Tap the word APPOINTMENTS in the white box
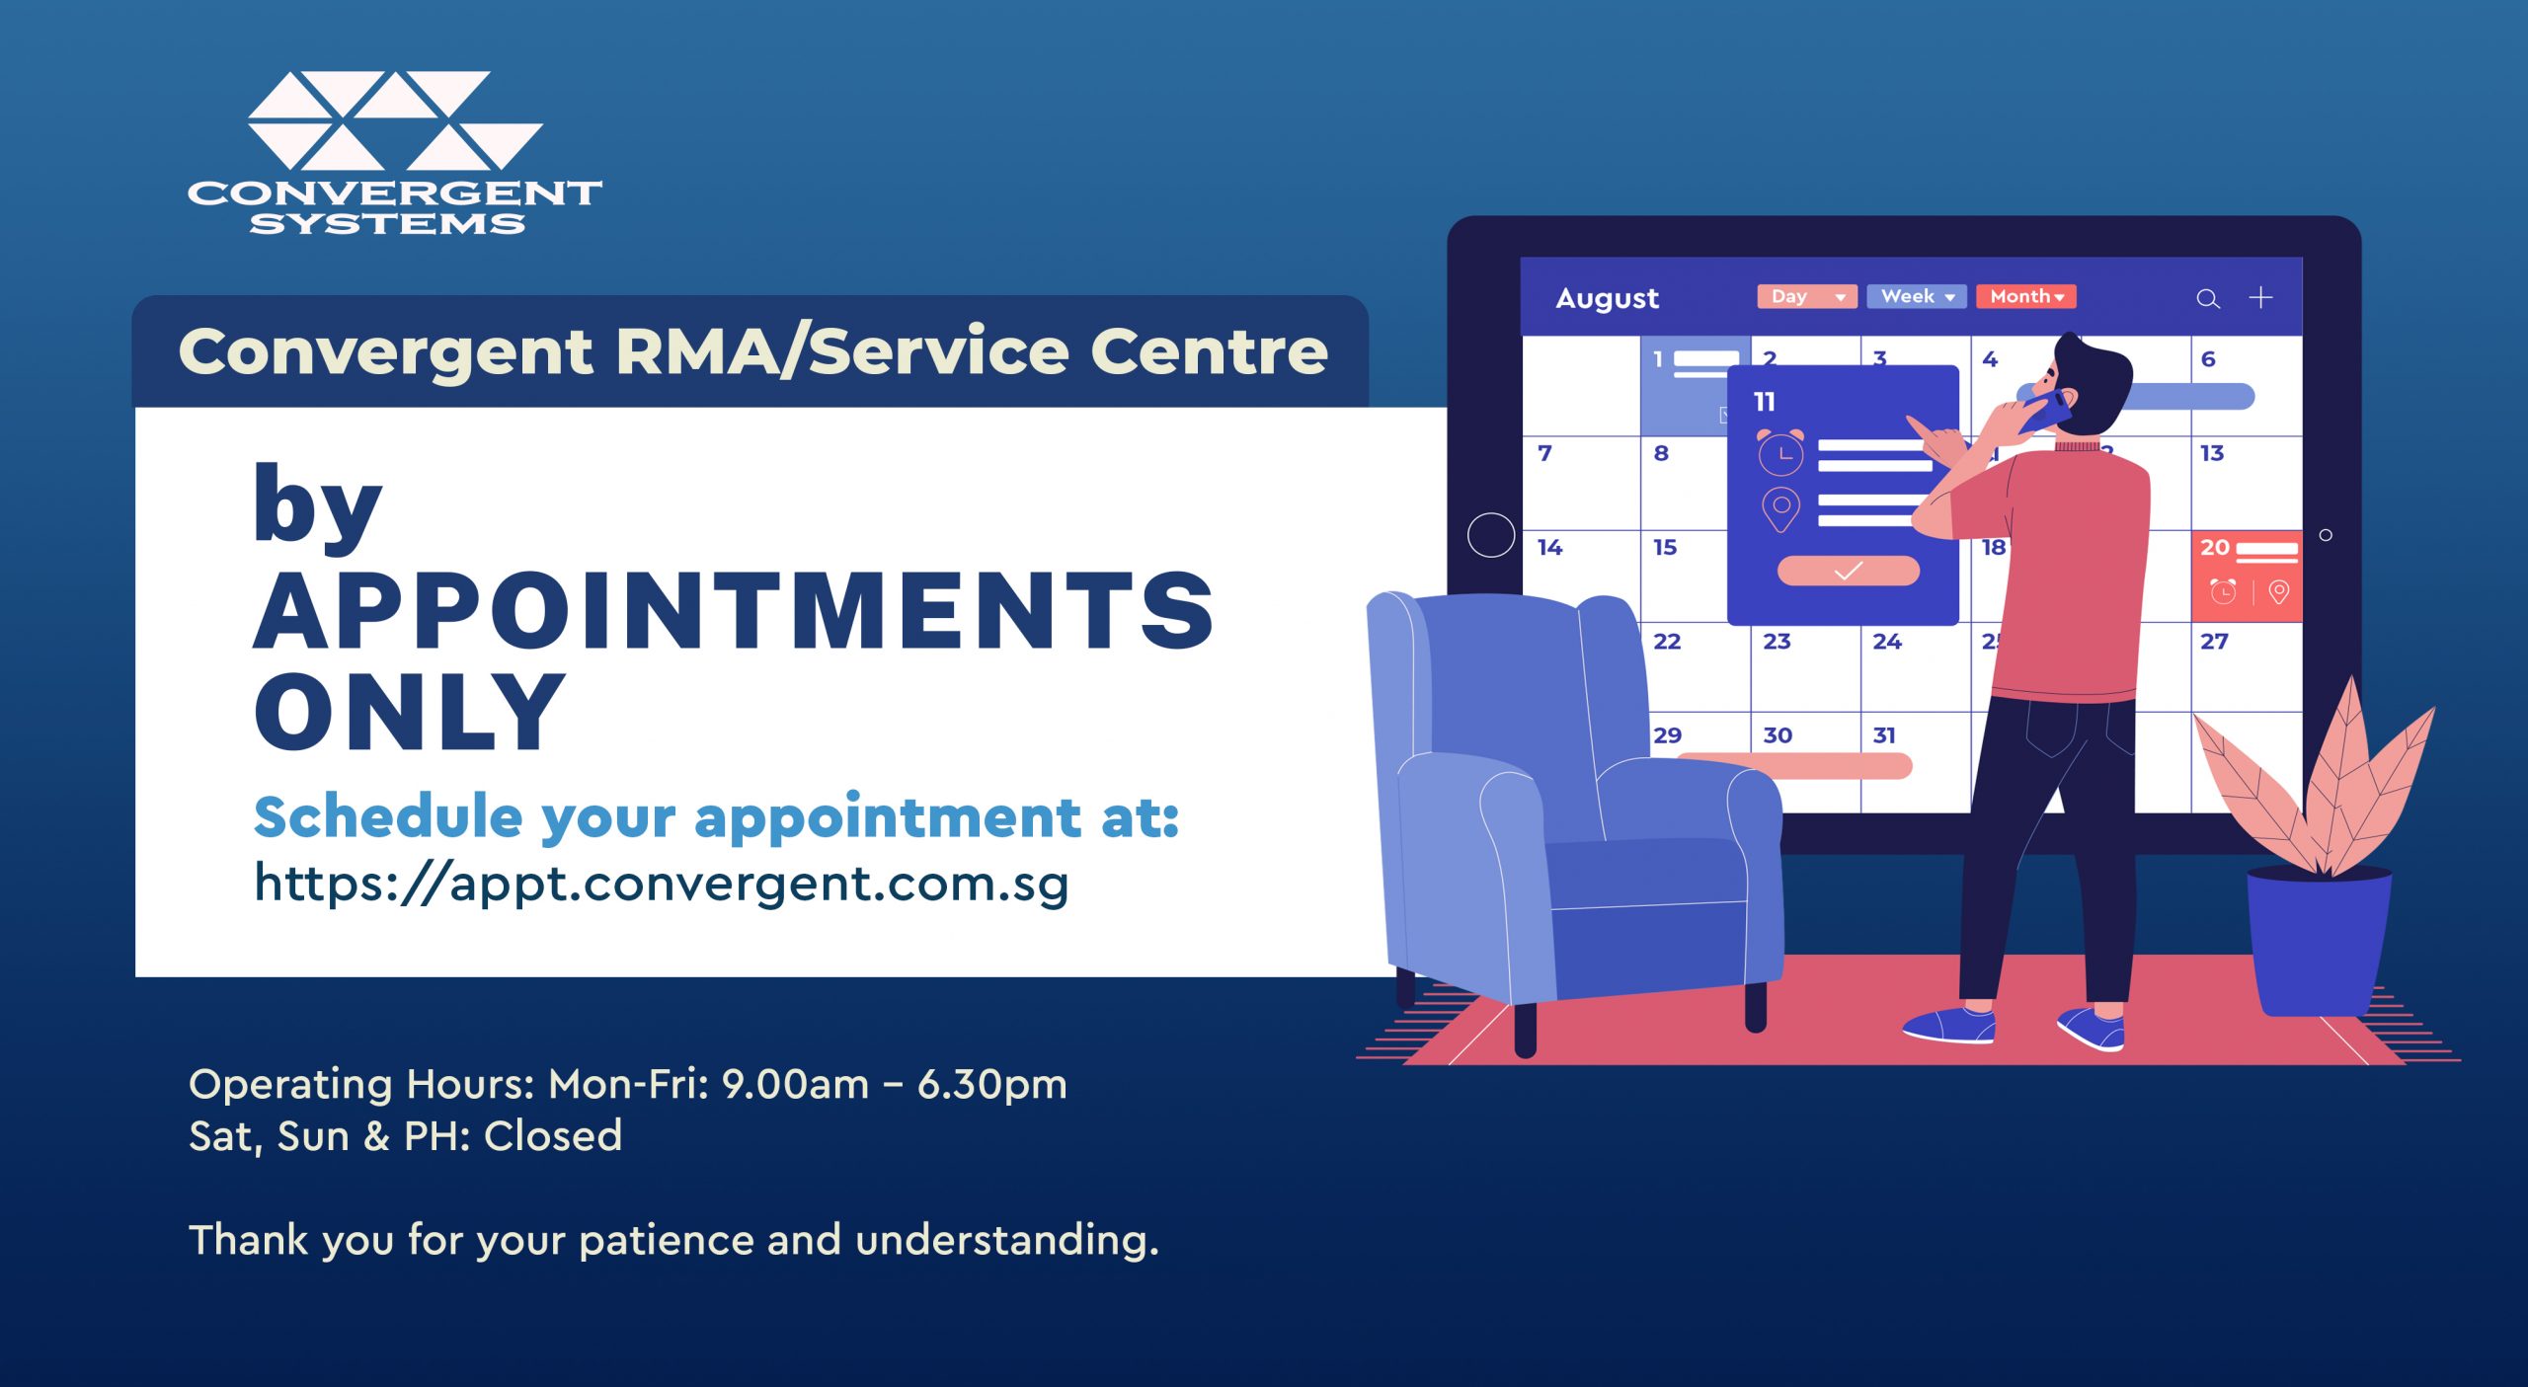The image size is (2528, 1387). click(x=734, y=611)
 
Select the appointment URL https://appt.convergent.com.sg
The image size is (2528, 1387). click(x=661, y=884)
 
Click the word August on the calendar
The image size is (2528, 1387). click(x=1607, y=299)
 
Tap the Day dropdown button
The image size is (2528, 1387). click(x=1807, y=296)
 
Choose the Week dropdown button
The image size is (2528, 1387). click(x=1917, y=296)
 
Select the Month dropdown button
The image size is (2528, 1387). click(x=2026, y=296)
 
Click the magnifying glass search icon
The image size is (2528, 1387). click(x=2208, y=299)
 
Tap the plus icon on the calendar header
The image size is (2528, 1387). click(x=2260, y=297)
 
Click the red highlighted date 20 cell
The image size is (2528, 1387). click(x=2247, y=577)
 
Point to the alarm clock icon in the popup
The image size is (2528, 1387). click(x=1780, y=452)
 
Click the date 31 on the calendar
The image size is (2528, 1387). click(x=1884, y=735)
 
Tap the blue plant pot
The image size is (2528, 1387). click(x=2319, y=942)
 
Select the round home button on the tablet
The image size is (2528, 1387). click(x=1491, y=535)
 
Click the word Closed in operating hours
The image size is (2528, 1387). click(x=553, y=1136)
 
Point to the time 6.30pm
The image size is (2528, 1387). click(x=992, y=1085)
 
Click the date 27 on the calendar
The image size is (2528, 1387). click(x=2214, y=642)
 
